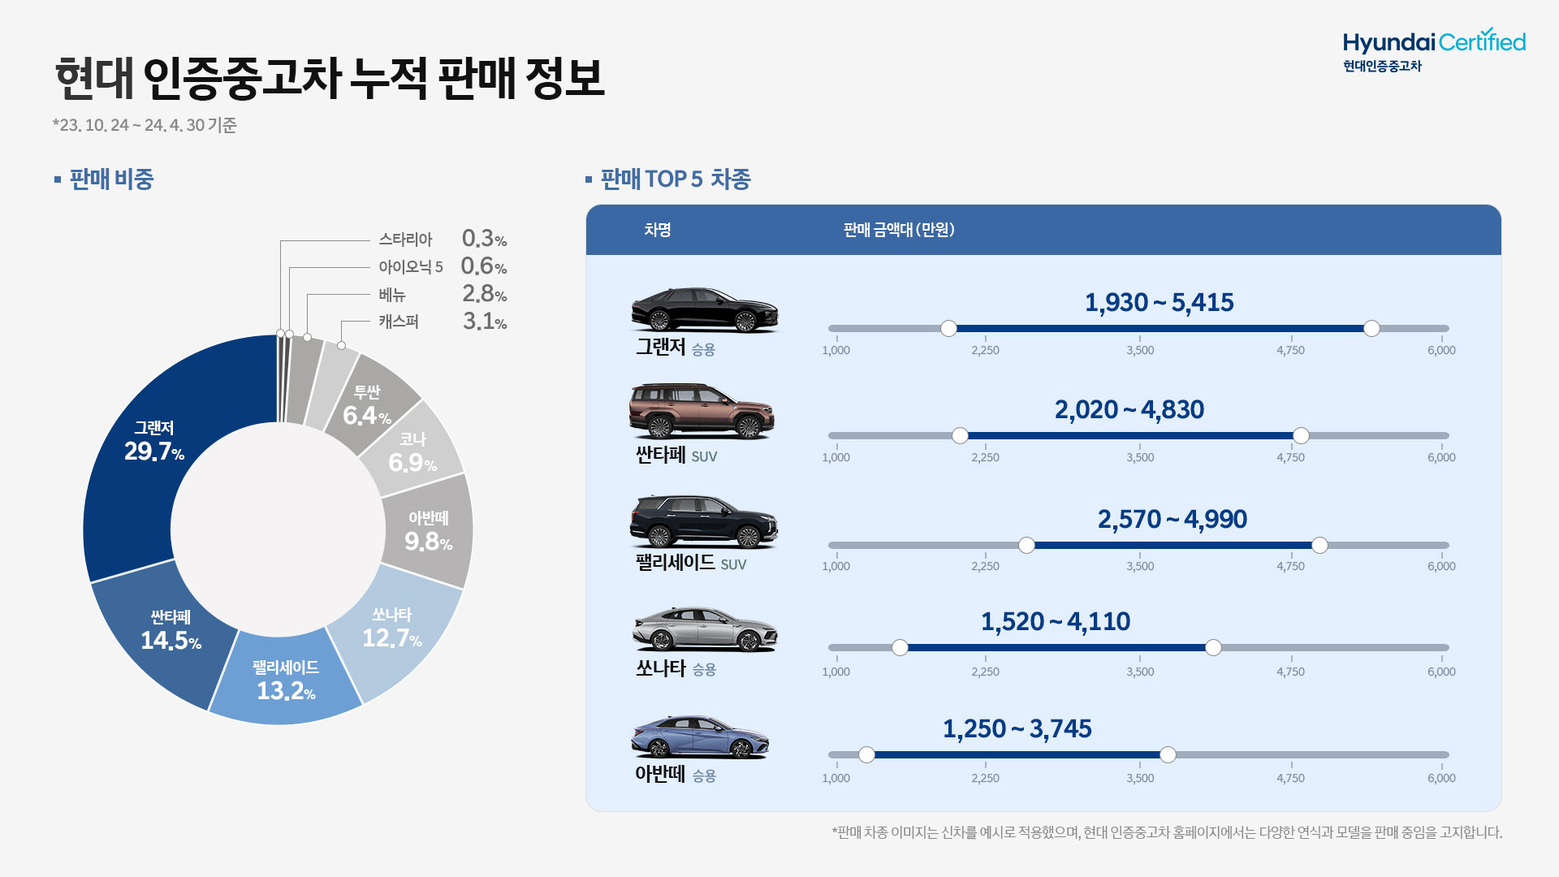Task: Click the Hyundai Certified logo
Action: point(1433,50)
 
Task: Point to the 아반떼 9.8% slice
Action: point(428,532)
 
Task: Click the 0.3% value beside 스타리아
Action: point(483,239)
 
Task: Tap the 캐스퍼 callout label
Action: point(399,322)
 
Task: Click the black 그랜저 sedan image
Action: point(704,310)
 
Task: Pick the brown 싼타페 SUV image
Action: point(702,412)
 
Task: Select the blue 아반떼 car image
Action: point(700,737)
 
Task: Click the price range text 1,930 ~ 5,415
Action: point(1159,303)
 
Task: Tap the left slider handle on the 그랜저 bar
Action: point(948,329)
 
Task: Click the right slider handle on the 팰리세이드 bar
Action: point(1319,546)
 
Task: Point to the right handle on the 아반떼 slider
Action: point(1168,755)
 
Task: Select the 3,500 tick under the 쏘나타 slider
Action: point(1140,671)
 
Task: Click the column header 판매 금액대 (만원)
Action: point(899,230)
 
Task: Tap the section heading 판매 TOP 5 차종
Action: point(675,179)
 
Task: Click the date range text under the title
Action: point(145,125)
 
